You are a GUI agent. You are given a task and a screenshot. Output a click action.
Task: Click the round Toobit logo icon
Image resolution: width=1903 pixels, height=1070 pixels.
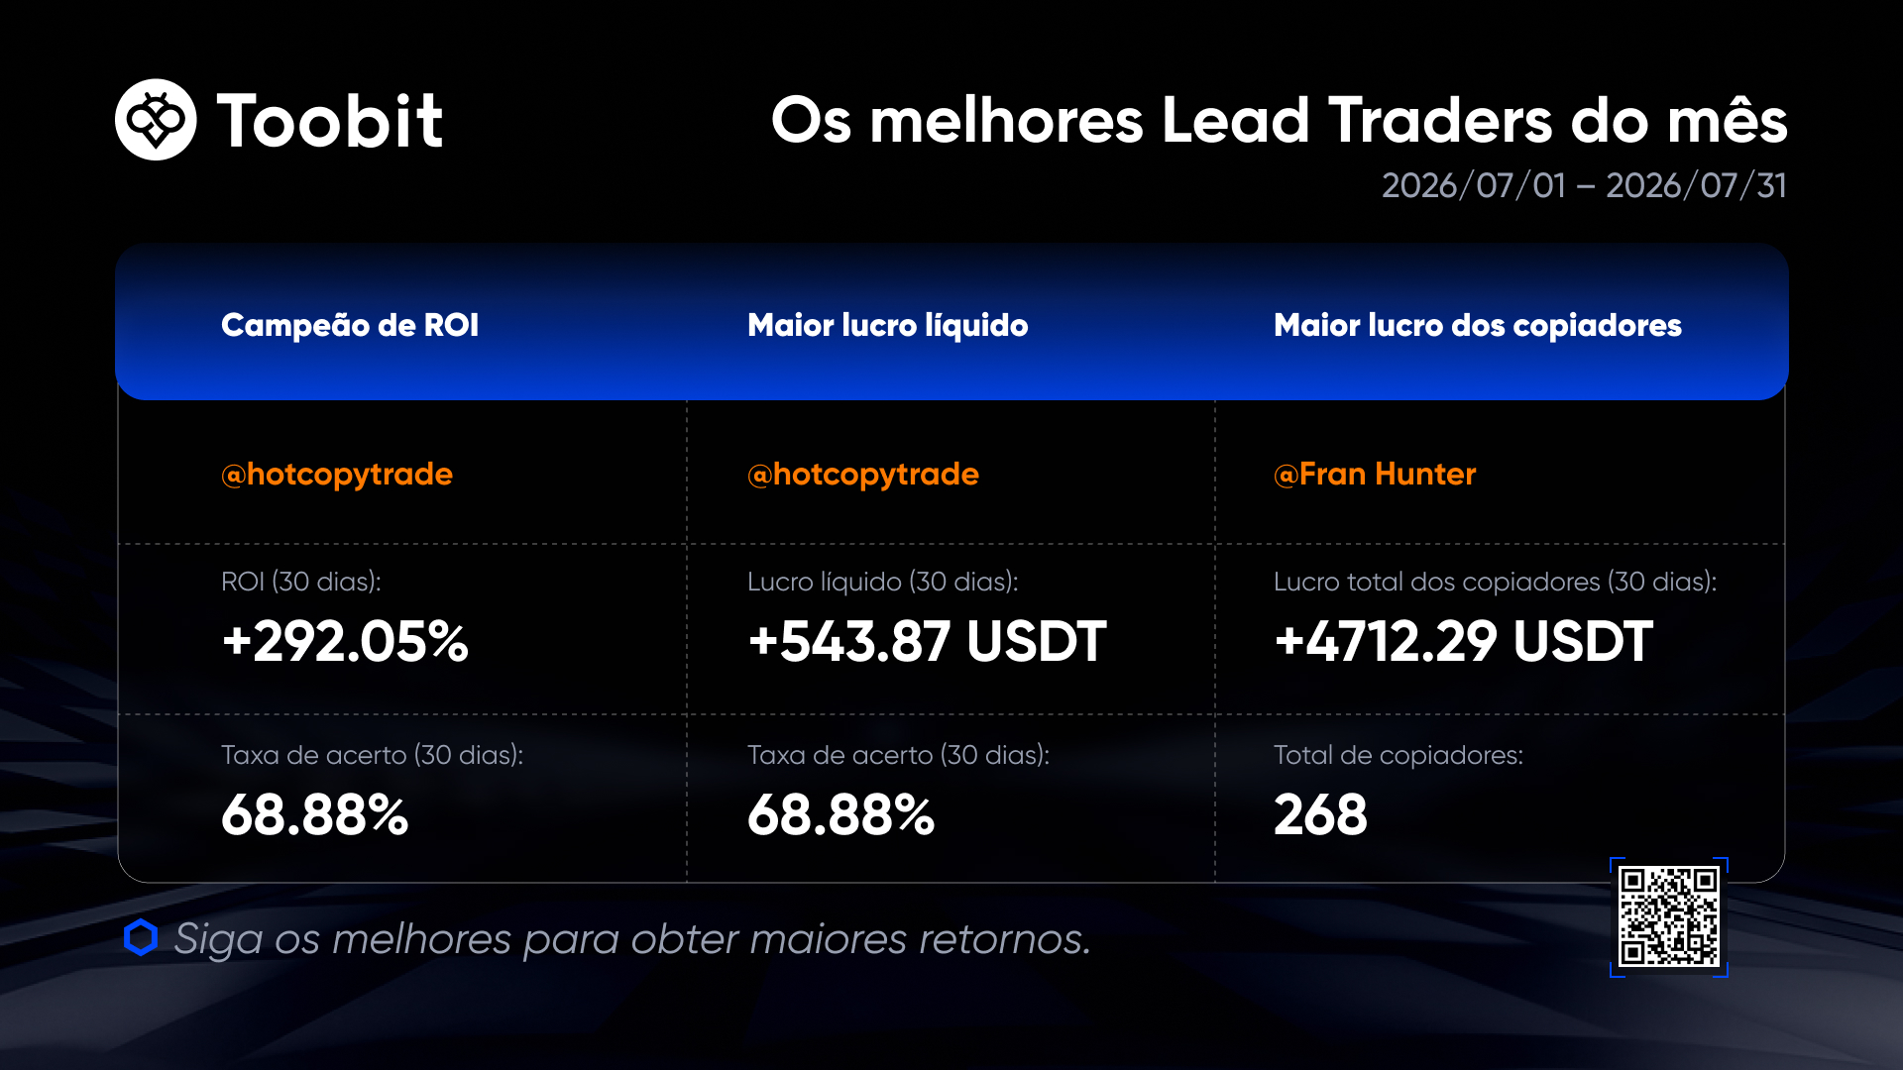(156, 120)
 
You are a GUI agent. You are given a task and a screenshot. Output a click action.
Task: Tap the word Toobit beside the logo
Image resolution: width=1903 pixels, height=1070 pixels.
(330, 121)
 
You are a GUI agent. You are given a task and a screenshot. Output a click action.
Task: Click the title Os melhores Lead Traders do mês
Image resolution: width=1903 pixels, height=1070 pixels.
(1280, 120)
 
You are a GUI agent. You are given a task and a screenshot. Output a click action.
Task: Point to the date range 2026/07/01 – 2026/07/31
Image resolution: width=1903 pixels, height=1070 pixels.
(1584, 185)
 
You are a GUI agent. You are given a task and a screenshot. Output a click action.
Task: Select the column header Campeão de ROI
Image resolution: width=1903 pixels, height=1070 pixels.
(350, 325)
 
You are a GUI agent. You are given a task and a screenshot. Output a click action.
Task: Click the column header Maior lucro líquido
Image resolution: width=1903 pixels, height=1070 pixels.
(888, 325)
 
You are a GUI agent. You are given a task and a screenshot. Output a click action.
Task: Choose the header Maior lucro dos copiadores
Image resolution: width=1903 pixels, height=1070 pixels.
(1478, 325)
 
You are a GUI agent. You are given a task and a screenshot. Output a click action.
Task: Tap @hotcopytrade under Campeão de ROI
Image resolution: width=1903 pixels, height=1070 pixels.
(337, 475)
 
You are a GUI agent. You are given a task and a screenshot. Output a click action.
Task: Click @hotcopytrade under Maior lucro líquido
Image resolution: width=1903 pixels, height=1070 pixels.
(863, 475)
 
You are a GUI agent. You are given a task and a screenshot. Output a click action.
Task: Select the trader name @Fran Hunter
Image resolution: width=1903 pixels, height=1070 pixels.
(1375, 474)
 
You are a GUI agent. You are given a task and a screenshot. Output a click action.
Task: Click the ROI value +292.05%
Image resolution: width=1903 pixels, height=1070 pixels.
(345, 641)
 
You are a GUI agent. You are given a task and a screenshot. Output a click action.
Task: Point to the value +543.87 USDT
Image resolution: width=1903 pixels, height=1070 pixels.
(927, 641)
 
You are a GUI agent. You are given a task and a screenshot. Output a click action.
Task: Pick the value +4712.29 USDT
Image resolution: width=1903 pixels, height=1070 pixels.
(1463, 641)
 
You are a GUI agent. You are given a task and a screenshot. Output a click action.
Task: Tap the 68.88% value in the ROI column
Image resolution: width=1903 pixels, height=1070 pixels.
(315, 814)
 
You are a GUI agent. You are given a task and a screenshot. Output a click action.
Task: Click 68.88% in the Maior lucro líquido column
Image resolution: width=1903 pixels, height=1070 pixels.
(841, 814)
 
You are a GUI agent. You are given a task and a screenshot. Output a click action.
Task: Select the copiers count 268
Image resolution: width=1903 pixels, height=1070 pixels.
(1320, 814)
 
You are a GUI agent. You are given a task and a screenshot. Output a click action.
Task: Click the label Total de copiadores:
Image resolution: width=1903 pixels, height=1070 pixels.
(1399, 755)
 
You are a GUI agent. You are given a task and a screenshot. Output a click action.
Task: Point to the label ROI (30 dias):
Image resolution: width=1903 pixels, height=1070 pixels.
(301, 582)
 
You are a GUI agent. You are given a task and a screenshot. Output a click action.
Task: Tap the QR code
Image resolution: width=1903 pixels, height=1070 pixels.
(1669, 917)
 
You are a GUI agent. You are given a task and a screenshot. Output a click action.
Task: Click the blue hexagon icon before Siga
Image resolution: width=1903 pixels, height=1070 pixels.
(141, 938)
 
